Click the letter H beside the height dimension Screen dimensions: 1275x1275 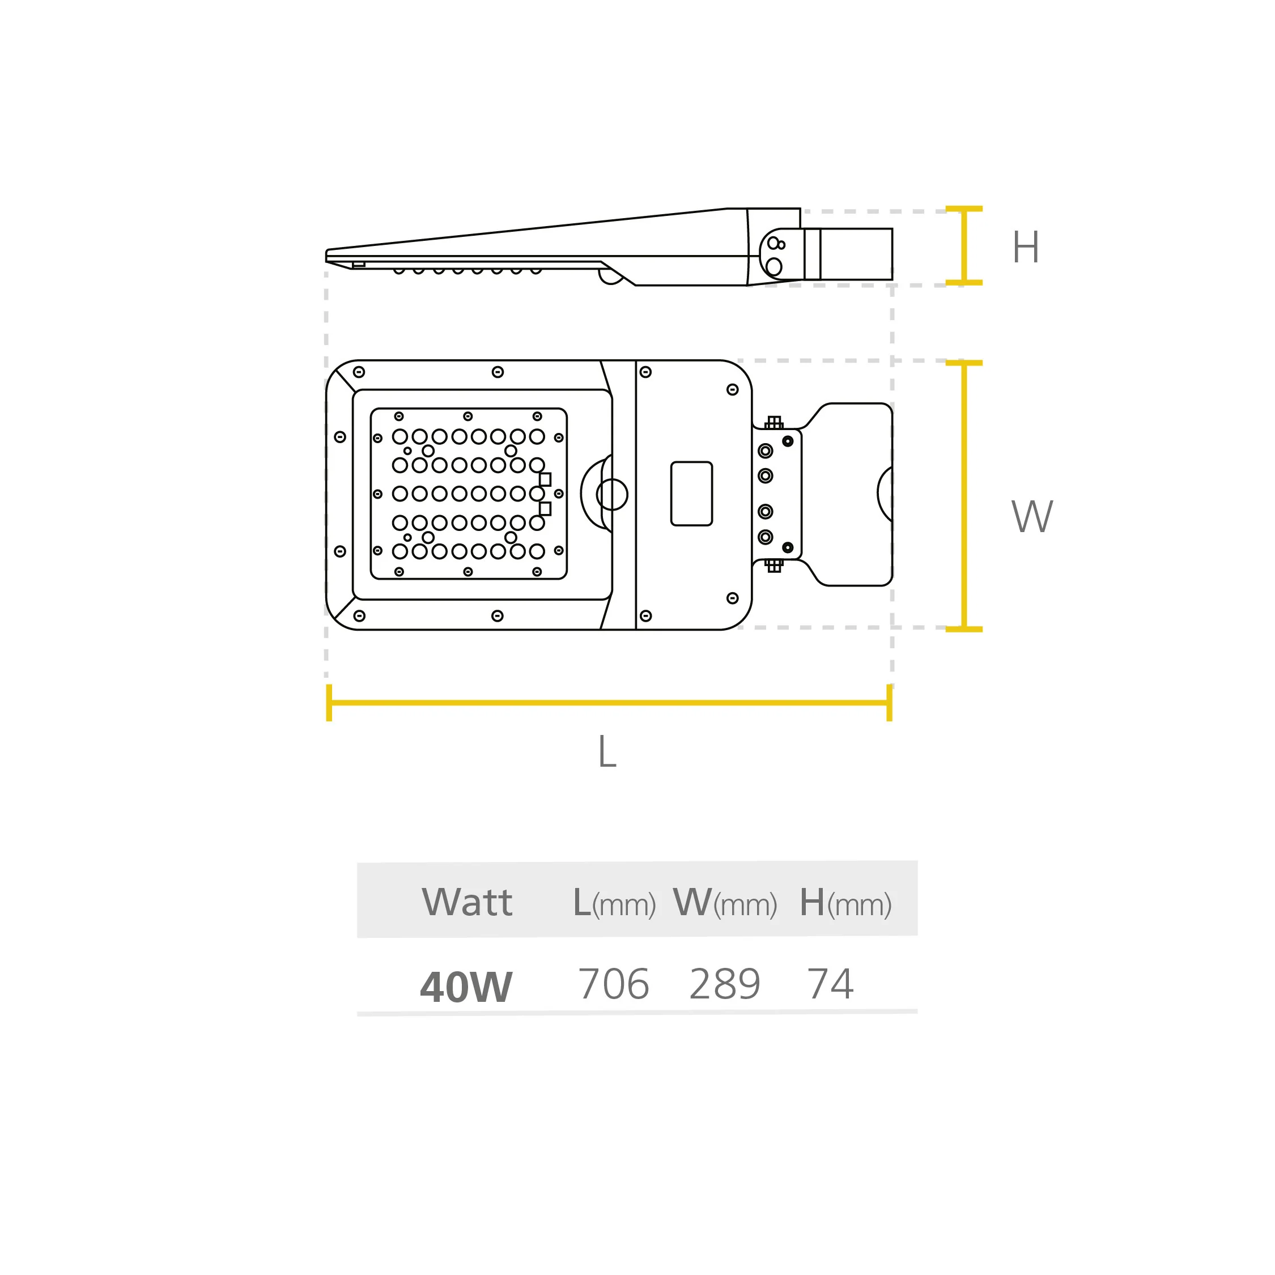coord(1026,247)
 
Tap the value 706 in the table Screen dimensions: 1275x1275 coord(614,984)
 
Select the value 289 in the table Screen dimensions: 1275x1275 coord(725,984)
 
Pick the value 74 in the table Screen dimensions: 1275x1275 coord(830,984)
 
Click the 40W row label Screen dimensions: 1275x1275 coord(466,987)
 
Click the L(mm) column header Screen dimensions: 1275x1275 coord(614,903)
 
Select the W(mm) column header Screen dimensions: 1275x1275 coord(725,903)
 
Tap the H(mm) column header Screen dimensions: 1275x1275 coord(845,903)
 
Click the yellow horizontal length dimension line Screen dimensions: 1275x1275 coord(609,702)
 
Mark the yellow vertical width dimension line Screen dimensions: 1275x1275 coord(964,496)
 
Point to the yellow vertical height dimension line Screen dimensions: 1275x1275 coord(964,245)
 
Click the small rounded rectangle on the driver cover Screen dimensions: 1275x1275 coord(691,494)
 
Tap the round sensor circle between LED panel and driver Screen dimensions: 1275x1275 coord(612,494)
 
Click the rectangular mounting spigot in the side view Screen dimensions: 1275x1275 coord(849,254)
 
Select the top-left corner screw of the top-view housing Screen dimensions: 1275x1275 coord(359,372)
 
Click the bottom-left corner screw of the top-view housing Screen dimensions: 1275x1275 coord(359,616)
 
